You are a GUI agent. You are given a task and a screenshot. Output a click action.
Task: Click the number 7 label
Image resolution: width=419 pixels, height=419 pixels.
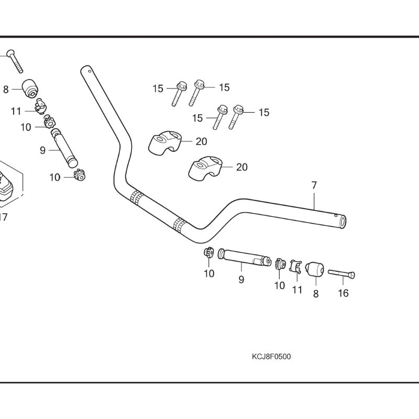click(314, 185)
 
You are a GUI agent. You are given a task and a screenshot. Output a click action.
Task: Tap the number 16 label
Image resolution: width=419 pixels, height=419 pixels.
click(343, 293)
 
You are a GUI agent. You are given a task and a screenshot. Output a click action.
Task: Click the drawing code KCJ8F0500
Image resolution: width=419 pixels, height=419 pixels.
click(271, 357)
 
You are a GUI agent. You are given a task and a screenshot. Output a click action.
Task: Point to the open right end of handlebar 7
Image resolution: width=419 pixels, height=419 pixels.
click(343, 223)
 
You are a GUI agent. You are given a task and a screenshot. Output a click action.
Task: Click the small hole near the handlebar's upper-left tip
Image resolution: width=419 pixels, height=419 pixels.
click(90, 71)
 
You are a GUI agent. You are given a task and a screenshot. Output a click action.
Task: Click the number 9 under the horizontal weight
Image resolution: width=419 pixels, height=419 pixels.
click(241, 280)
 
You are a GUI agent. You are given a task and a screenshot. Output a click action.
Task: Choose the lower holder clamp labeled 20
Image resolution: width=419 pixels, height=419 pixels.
click(205, 168)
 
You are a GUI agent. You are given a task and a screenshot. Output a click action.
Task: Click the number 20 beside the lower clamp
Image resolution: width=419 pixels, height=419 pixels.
click(241, 168)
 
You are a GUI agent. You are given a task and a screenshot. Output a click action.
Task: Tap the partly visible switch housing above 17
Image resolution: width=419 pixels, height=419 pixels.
click(8, 183)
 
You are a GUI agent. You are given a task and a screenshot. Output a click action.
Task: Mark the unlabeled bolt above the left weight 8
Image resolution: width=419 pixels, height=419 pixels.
click(14, 61)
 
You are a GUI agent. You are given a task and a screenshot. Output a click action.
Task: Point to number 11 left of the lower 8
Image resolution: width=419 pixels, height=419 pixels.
click(297, 290)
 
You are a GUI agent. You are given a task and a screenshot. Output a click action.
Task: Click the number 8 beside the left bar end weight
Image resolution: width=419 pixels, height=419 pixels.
click(6, 90)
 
